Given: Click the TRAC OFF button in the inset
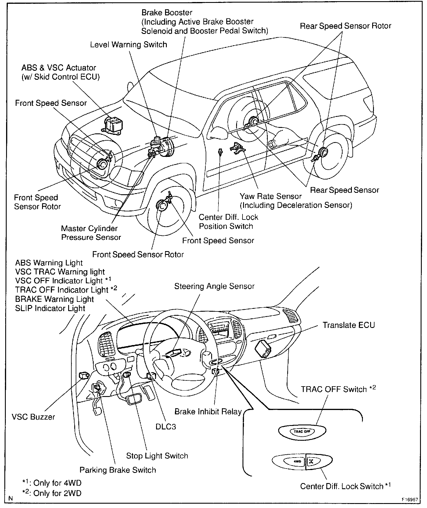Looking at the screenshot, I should [302, 431].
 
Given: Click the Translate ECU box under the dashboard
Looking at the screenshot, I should [263, 349].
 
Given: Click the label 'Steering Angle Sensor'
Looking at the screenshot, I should [214, 286].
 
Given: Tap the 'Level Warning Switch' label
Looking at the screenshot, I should [129, 45].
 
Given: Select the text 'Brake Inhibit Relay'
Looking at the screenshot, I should [208, 411].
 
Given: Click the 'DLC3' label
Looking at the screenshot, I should [166, 427].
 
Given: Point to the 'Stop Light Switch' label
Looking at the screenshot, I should [157, 456].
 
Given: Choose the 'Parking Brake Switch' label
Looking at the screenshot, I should [118, 470].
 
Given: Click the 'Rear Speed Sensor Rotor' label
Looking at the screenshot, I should [345, 26].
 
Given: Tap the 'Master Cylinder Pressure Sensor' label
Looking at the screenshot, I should [91, 233].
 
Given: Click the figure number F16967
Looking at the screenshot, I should [410, 500].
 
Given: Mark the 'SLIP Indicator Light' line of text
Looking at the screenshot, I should [50, 308].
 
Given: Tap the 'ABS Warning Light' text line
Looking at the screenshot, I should [49, 263].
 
